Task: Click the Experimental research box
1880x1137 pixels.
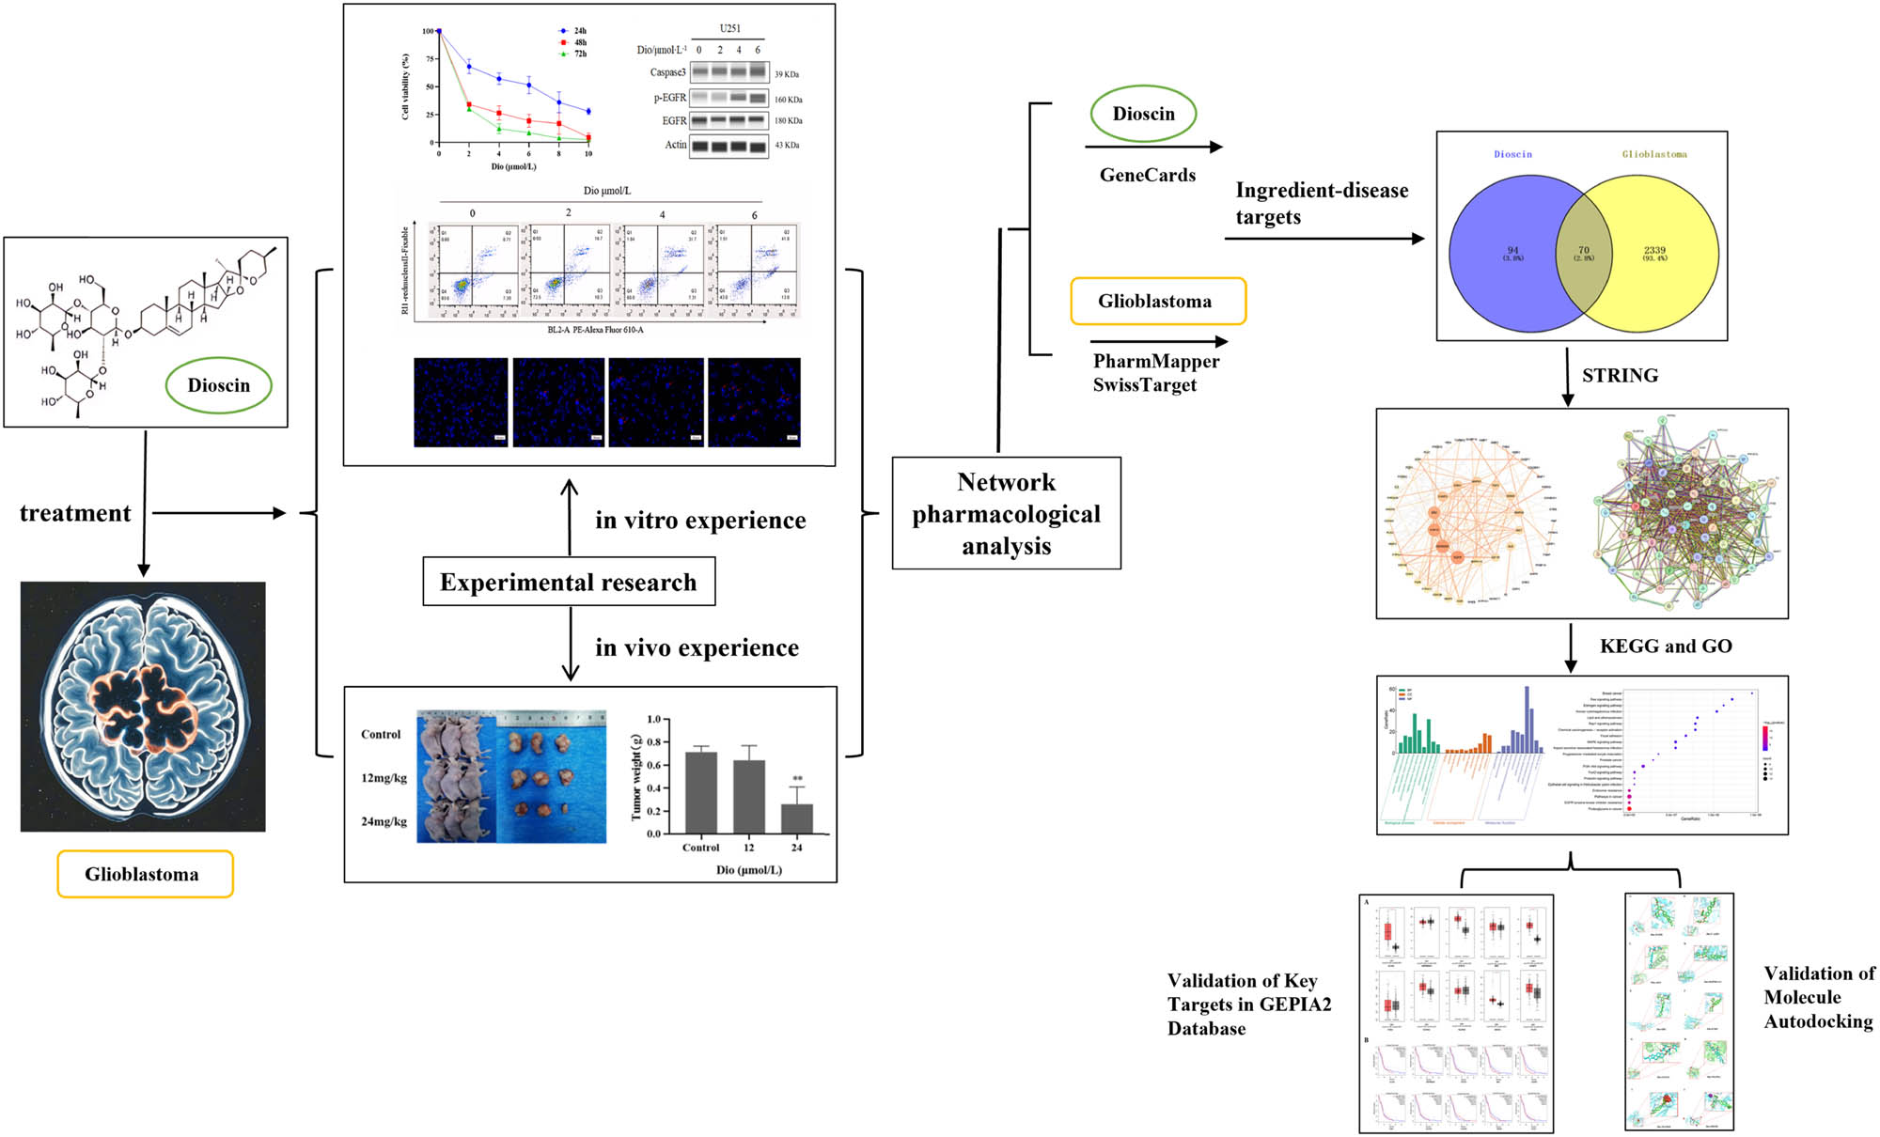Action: coord(569,583)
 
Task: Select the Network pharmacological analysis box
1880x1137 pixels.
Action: coord(1006,513)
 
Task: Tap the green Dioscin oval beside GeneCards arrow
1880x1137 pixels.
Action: coord(1143,114)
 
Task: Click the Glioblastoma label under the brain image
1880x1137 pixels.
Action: coord(143,874)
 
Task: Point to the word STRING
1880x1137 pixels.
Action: coord(1620,376)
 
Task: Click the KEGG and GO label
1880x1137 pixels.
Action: coord(1666,646)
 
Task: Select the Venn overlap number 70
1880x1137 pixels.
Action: coord(1584,251)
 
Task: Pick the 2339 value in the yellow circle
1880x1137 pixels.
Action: coord(1654,251)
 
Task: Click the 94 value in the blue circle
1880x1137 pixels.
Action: coord(1512,251)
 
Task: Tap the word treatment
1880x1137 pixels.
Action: coord(75,513)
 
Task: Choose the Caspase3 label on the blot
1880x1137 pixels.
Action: coord(667,72)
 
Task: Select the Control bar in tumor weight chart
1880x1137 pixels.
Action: coord(701,791)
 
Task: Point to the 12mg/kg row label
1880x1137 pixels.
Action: coord(384,778)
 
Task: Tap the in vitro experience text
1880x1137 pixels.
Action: coord(700,521)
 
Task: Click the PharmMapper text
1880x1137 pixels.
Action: coord(1156,362)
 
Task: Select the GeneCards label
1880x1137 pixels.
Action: coord(1148,175)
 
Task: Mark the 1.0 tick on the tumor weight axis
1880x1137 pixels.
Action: coord(653,720)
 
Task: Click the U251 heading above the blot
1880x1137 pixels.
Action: coord(729,28)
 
